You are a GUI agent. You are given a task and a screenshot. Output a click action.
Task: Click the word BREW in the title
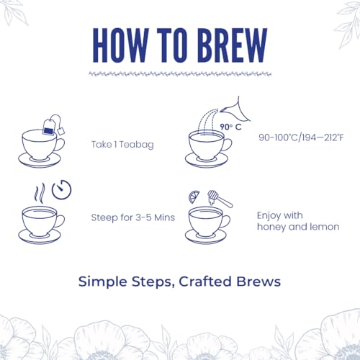click(233, 45)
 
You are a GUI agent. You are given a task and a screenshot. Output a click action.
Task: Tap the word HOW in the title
click(121, 45)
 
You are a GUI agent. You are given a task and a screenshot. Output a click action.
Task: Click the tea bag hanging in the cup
click(48, 127)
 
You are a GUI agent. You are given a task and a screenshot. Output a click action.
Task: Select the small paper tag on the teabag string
click(61, 131)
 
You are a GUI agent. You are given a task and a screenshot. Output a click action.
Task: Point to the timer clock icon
click(62, 189)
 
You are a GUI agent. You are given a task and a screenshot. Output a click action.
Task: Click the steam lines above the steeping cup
click(40, 193)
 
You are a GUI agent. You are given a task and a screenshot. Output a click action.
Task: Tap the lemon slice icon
click(194, 197)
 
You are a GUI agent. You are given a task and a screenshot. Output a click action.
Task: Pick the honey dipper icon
click(220, 198)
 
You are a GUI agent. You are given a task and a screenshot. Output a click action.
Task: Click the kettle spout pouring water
click(235, 111)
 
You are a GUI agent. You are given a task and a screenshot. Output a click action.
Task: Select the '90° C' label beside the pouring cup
click(230, 127)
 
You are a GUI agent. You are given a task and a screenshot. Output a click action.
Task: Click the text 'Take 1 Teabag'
click(122, 145)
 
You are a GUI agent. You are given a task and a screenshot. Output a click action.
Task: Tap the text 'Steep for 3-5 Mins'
click(133, 217)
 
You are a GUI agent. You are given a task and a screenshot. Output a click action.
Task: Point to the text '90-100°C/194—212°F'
click(301, 138)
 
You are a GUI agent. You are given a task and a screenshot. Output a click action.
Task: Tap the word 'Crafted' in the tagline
click(205, 282)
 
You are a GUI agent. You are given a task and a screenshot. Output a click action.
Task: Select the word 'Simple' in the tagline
click(102, 282)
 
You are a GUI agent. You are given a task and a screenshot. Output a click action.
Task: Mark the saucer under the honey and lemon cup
click(206, 237)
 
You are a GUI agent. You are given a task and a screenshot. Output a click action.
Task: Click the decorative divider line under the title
click(180, 74)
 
